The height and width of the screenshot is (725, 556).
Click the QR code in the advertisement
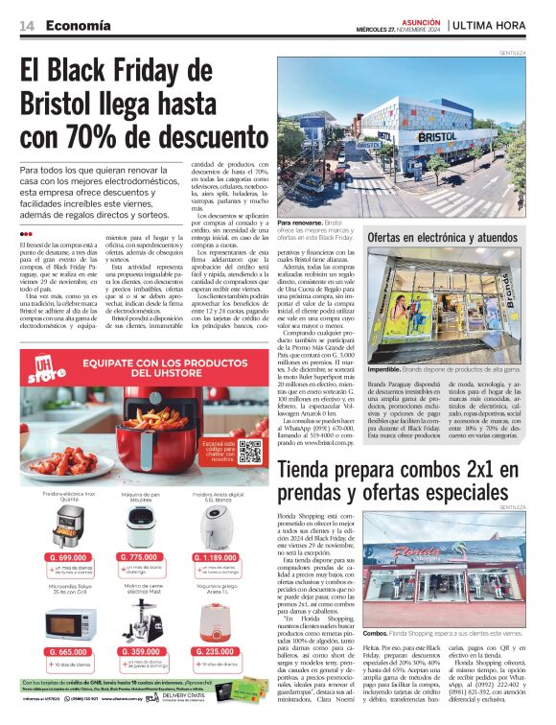tap(249, 451)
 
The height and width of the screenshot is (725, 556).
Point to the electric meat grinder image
tap(141, 621)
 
